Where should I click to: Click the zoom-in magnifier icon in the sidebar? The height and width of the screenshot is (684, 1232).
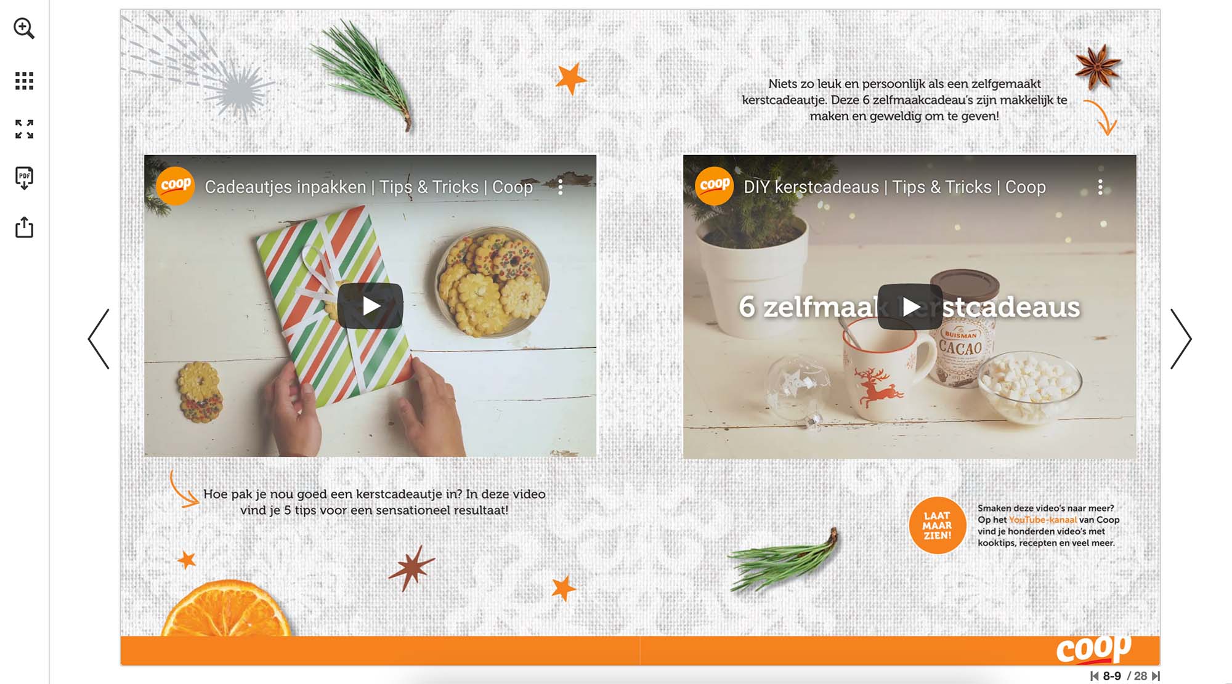click(x=24, y=28)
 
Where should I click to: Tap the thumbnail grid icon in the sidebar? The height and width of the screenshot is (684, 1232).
click(x=24, y=81)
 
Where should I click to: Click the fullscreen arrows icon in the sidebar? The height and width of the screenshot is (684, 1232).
click(x=24, y=129)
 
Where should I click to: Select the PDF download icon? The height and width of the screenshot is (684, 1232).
click(x=24, y=178)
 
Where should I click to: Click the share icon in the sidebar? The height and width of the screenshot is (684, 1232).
click(x=24, y=227)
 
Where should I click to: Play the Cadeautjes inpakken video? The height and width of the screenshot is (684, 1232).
click(x=370, y=306)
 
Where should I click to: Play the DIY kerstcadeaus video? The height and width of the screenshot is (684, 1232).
click(x=910, y=307)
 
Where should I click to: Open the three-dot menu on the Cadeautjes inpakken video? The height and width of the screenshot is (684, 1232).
click(x=560, y=187)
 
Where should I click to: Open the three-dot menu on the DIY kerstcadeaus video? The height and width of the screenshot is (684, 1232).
click(x=1100, y=187)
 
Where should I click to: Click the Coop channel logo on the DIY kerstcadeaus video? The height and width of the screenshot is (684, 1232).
click(x=715, y=185)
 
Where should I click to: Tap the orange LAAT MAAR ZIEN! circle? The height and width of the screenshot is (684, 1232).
click(x=937, y=525)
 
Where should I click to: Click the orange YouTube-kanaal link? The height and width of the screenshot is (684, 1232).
click(x=1042, y=520)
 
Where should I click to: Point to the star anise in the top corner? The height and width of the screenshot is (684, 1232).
click(x=1098, y=66)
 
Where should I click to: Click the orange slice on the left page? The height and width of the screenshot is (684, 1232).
click(x=227, y=610)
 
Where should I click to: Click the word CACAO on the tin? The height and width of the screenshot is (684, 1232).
click(x=960, y=348)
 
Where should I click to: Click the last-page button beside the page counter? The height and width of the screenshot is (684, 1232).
click(x=1156, y=676)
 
